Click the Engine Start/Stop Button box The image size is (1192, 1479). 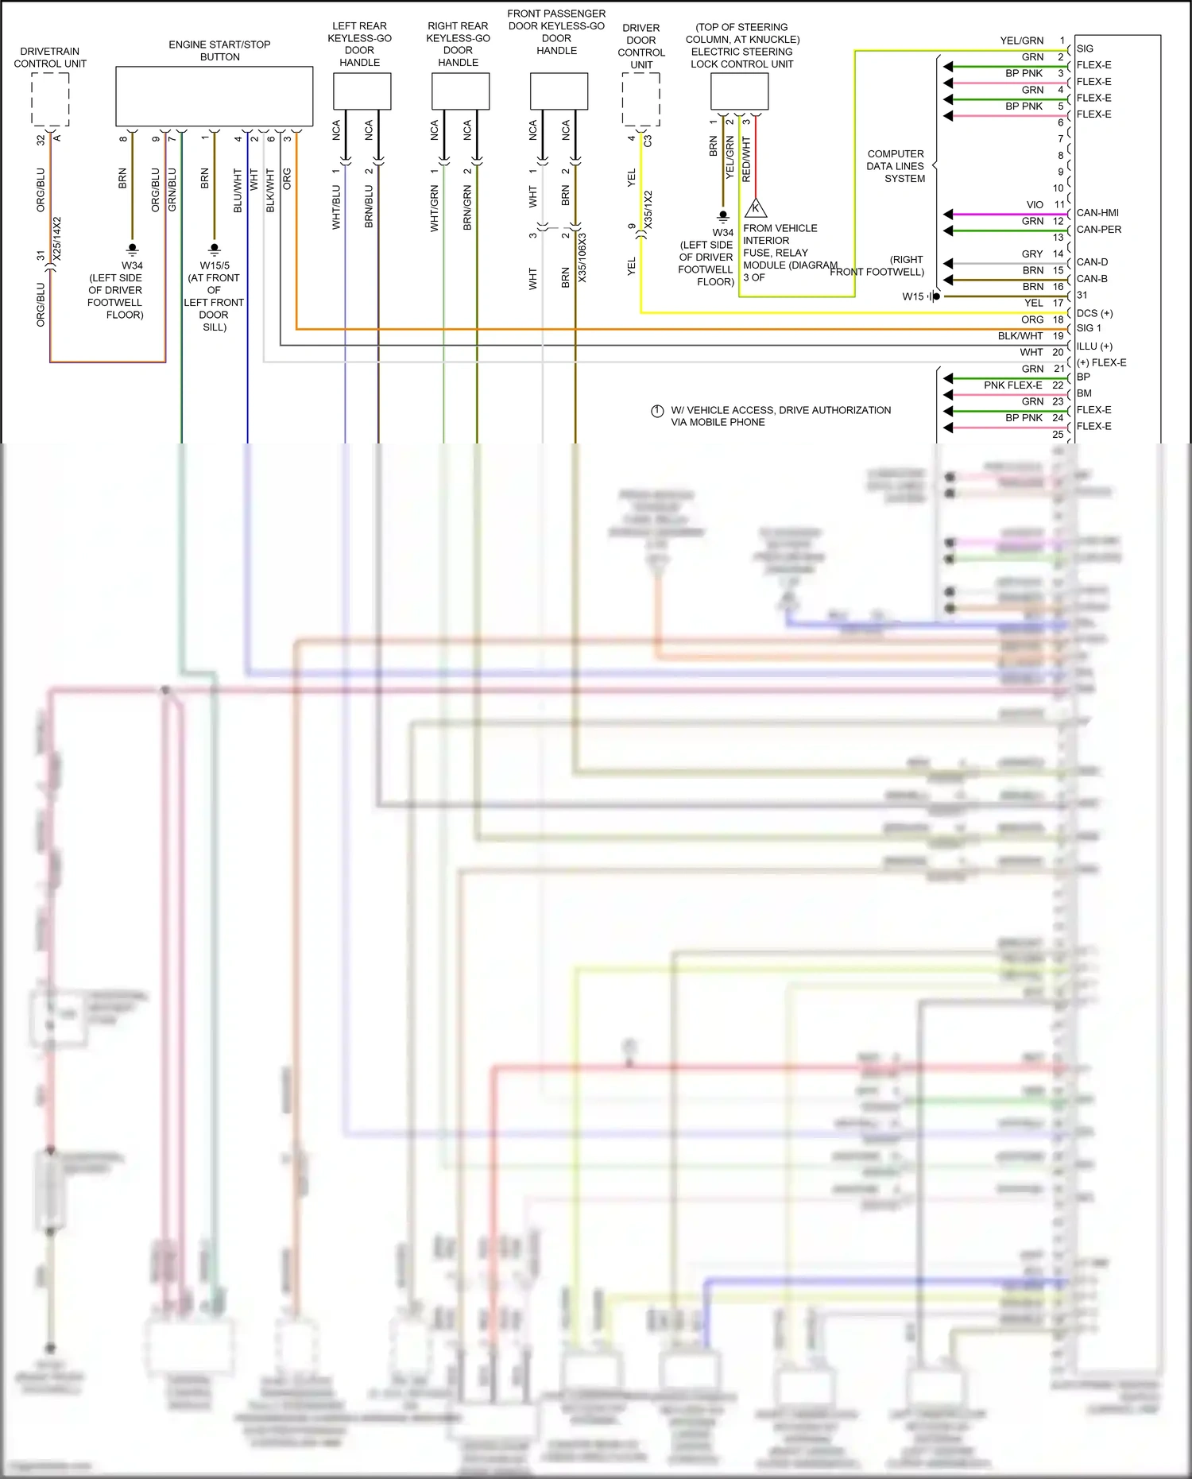(215, 96)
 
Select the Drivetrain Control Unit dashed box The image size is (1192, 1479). (50, 99)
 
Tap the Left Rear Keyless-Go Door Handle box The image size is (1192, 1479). (362, 91)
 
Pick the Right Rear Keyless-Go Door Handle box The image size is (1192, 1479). (460, 91)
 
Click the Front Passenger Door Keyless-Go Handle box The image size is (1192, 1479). (559, 91)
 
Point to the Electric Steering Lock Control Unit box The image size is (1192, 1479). (739, 91)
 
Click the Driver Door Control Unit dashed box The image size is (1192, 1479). (641, 99)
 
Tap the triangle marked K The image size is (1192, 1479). (756, 209)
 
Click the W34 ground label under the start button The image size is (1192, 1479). (132, 265)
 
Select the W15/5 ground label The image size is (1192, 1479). (215, 265)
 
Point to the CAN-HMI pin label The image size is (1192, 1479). (1097, 213)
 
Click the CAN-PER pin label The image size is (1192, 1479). (1099, 230)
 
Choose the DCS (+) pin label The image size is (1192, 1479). (1094, 313)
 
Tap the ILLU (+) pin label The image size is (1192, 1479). (1094, 347)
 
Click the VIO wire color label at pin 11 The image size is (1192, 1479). (1035, 205)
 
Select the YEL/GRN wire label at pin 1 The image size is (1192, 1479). (1022, 41)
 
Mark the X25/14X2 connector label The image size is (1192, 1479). (57, 238)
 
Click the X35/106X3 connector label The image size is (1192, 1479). (582, 257)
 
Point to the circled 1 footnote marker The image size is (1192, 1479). (657, 411)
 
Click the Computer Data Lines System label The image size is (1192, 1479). (896, 166)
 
